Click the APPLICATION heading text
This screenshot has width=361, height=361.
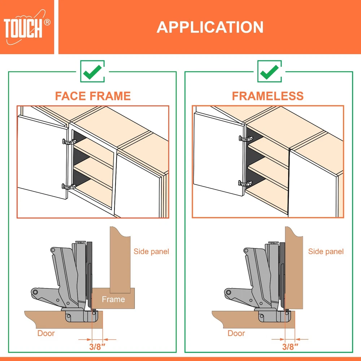(x=210, y=27)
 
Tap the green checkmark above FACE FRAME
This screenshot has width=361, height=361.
(x=92, y=71)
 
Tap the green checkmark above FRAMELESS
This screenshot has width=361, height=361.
(x=269, y=71)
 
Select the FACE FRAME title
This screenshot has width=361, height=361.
(x=93, y=96)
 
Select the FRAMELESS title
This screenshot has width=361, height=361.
(x=268, y=96)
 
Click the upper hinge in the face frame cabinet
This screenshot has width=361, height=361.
(x=69, y=142)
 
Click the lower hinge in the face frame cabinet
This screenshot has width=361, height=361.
(x=69, y=186)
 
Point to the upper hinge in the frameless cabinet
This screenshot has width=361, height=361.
(x=246, y=139)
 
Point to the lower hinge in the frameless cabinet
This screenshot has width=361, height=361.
(x=245, y=183)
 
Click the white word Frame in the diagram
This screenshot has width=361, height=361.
(x=113, y=299)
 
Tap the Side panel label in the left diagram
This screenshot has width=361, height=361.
(x=151, y=251)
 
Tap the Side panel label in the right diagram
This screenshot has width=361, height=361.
(x=326, y=251)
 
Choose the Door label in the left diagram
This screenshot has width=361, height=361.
(x=46, y=333)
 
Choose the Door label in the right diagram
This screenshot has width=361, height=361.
(x=236, y=333)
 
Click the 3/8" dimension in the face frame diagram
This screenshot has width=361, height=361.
(x=97, y=347)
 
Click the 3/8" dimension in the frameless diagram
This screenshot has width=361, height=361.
(x=290, y=347)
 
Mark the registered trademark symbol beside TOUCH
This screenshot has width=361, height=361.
(x=47, y=22)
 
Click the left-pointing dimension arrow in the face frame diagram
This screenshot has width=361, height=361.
(x=110, y=339)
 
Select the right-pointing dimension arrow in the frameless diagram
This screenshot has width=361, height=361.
(x=278, y=339)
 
